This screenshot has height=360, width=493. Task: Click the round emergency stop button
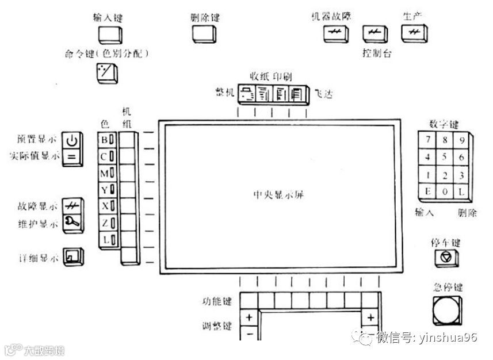(447, 310)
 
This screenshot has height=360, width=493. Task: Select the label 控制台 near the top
(377, 53)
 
